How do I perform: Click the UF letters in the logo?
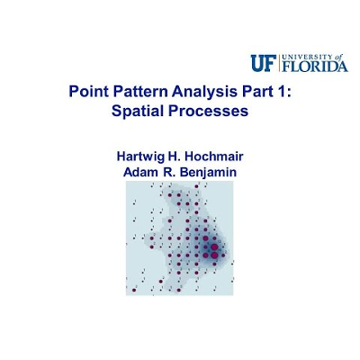(264, 63)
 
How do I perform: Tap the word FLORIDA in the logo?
(315, 67)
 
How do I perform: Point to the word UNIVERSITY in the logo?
(304, 57)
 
